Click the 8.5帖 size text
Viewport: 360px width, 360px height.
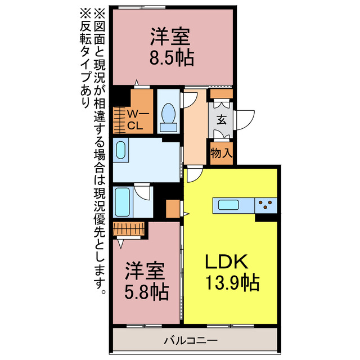pos(172,58)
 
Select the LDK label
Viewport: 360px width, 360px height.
pos(226,262)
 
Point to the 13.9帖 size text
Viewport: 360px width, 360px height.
pos(231,283)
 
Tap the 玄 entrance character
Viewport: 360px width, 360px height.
pos(222,119)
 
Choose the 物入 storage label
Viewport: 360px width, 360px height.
pos(221,152)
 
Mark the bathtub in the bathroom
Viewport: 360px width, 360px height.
pos(122,202)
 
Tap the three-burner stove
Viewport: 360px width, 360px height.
pos(266,205)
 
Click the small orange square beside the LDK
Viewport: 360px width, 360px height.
pos(172,209)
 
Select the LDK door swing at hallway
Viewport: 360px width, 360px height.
pos(193,174)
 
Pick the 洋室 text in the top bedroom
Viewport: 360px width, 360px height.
pos(172,37)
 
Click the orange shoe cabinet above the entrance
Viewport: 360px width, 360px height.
pos(221,93)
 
